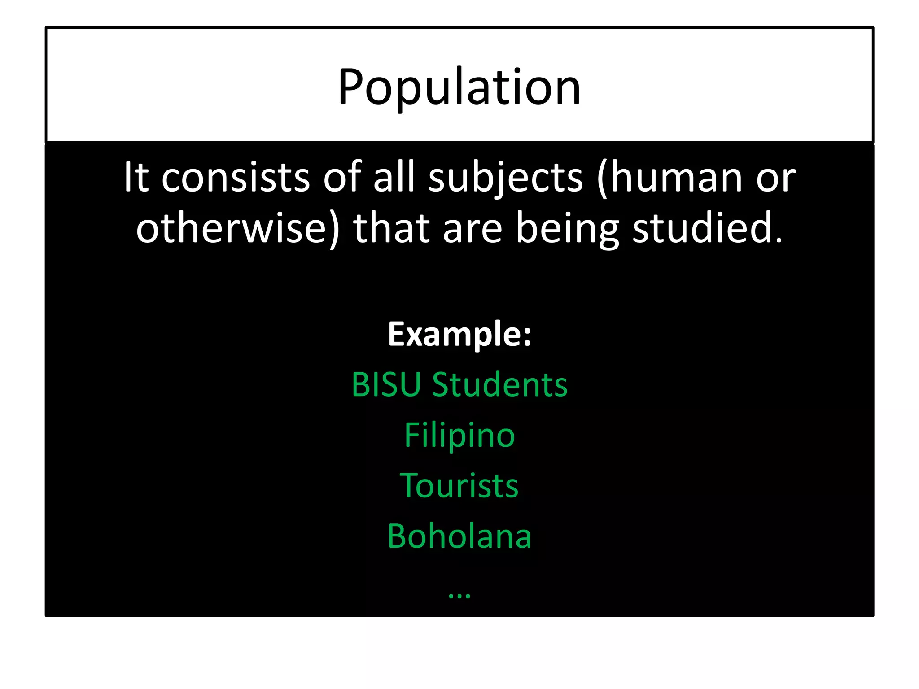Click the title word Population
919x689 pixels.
click(459, 87)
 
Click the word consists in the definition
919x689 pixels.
click(236, 178)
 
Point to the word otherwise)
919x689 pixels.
click(238, 229)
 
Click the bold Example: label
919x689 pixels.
click(459, 334)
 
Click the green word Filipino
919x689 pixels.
click(459, 435)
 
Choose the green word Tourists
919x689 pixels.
click(459, 486)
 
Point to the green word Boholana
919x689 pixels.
click(459, 536)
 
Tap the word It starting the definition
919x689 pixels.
click(136, 178)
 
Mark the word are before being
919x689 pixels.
click(472, 229)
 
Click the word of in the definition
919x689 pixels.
click(342, 178)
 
